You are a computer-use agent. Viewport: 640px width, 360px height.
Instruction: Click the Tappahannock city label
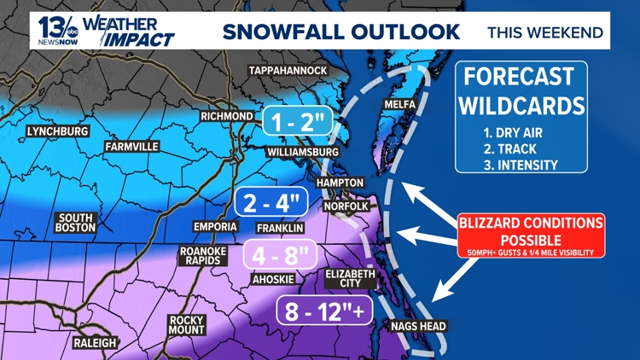click(288, 69)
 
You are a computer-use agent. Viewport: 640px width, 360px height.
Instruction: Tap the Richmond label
click(226, 116)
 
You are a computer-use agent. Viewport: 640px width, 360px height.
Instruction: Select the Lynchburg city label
click(57, 131)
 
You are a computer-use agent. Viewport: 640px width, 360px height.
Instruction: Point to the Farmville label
click(131, 147)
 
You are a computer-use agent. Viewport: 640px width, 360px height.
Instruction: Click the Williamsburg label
click(297, 151)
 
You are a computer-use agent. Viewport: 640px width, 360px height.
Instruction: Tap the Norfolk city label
click(346, 206)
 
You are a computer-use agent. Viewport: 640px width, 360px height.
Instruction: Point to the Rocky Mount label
click(186, 325)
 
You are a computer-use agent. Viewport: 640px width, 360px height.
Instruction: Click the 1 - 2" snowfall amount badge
click(296, 122)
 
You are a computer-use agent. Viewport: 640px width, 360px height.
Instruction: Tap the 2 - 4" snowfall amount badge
click(270, 202)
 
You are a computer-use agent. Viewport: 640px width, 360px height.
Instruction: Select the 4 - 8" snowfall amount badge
click(281, 254)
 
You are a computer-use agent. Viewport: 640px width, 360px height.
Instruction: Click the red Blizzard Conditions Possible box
click(531, 235)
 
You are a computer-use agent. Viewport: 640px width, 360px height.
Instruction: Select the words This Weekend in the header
click(544, 33)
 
